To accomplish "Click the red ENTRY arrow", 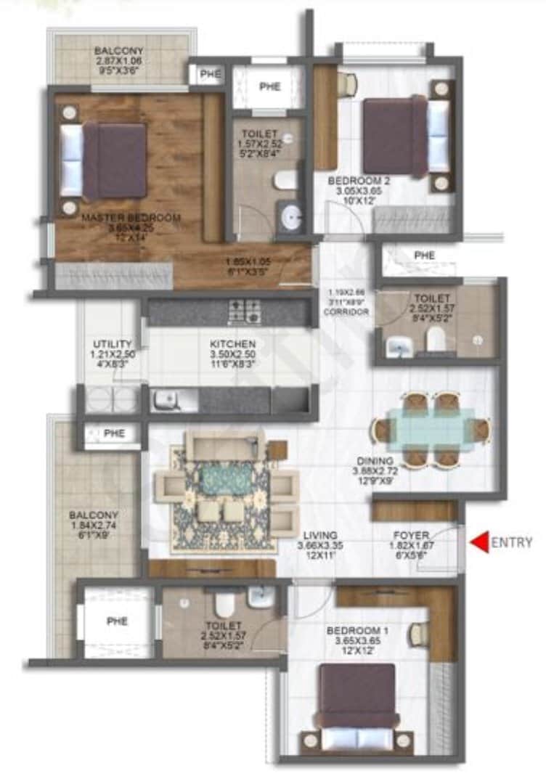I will pos(478,542).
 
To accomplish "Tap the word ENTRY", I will pos(512,542).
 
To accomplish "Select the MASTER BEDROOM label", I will pos(131,217).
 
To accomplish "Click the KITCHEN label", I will pos(232,343).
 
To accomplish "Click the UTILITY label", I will pos(112,343).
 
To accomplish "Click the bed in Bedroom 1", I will pos(359,704).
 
